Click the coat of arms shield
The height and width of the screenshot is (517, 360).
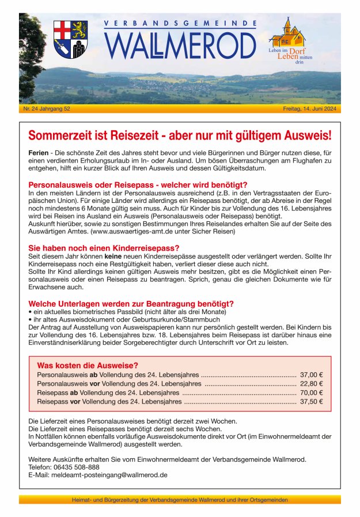[x=70, y=39]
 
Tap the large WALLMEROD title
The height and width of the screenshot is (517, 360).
[x=180, y=46]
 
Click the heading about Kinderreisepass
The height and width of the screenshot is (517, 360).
[x=103, y=247]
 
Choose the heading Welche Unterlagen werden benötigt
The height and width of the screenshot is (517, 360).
[x=131, y=304]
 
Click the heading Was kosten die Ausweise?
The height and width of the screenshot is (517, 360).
[x=87, y=365]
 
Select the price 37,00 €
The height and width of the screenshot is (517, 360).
[x=312, y=374]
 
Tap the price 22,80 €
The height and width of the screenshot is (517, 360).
[x=312, y=383]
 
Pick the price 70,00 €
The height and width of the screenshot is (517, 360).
[x=312, y=393]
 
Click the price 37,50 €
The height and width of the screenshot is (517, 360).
[x=312, y=402]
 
